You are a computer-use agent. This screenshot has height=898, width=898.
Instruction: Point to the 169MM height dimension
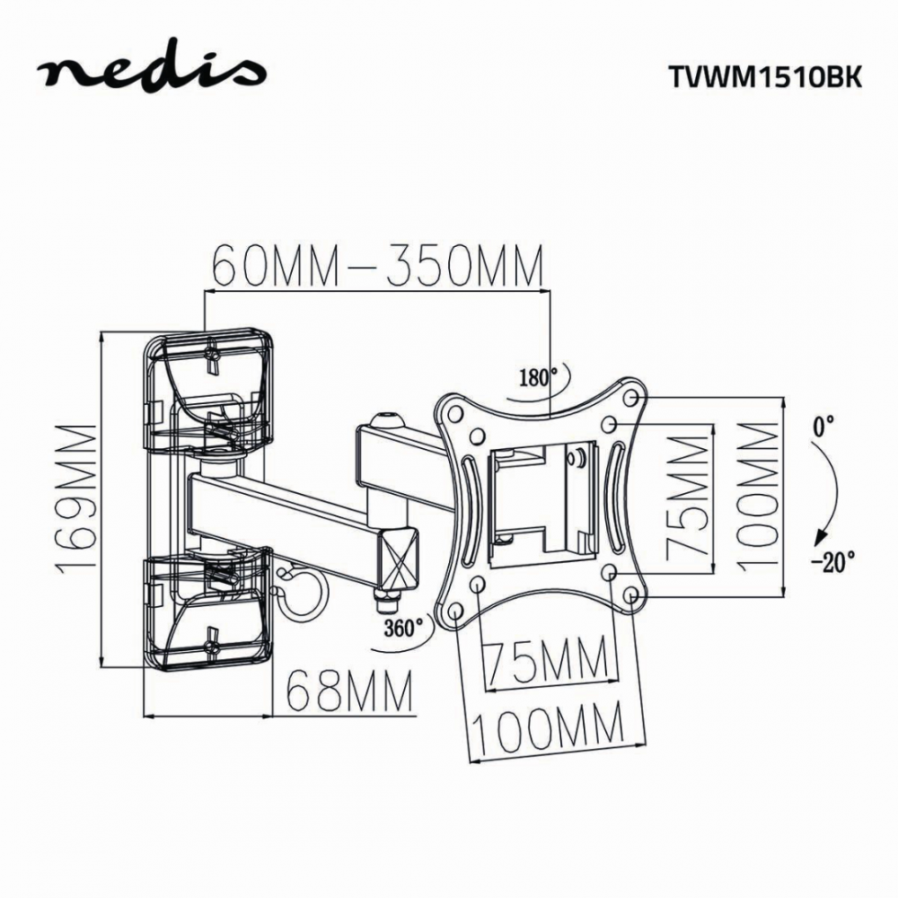pyautogui.click(x=76, y=498)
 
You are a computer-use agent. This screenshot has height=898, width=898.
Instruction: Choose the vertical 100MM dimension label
pyautogui.click(x=759, y=496)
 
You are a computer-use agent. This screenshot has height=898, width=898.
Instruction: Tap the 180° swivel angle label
pyautogui.click(x=536, y=377)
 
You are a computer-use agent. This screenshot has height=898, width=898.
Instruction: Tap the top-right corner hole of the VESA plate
pyautogui.click(x=632, y=396)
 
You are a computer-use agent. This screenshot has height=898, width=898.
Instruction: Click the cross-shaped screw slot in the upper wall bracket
pyautogui.click(x=212, y=358)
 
